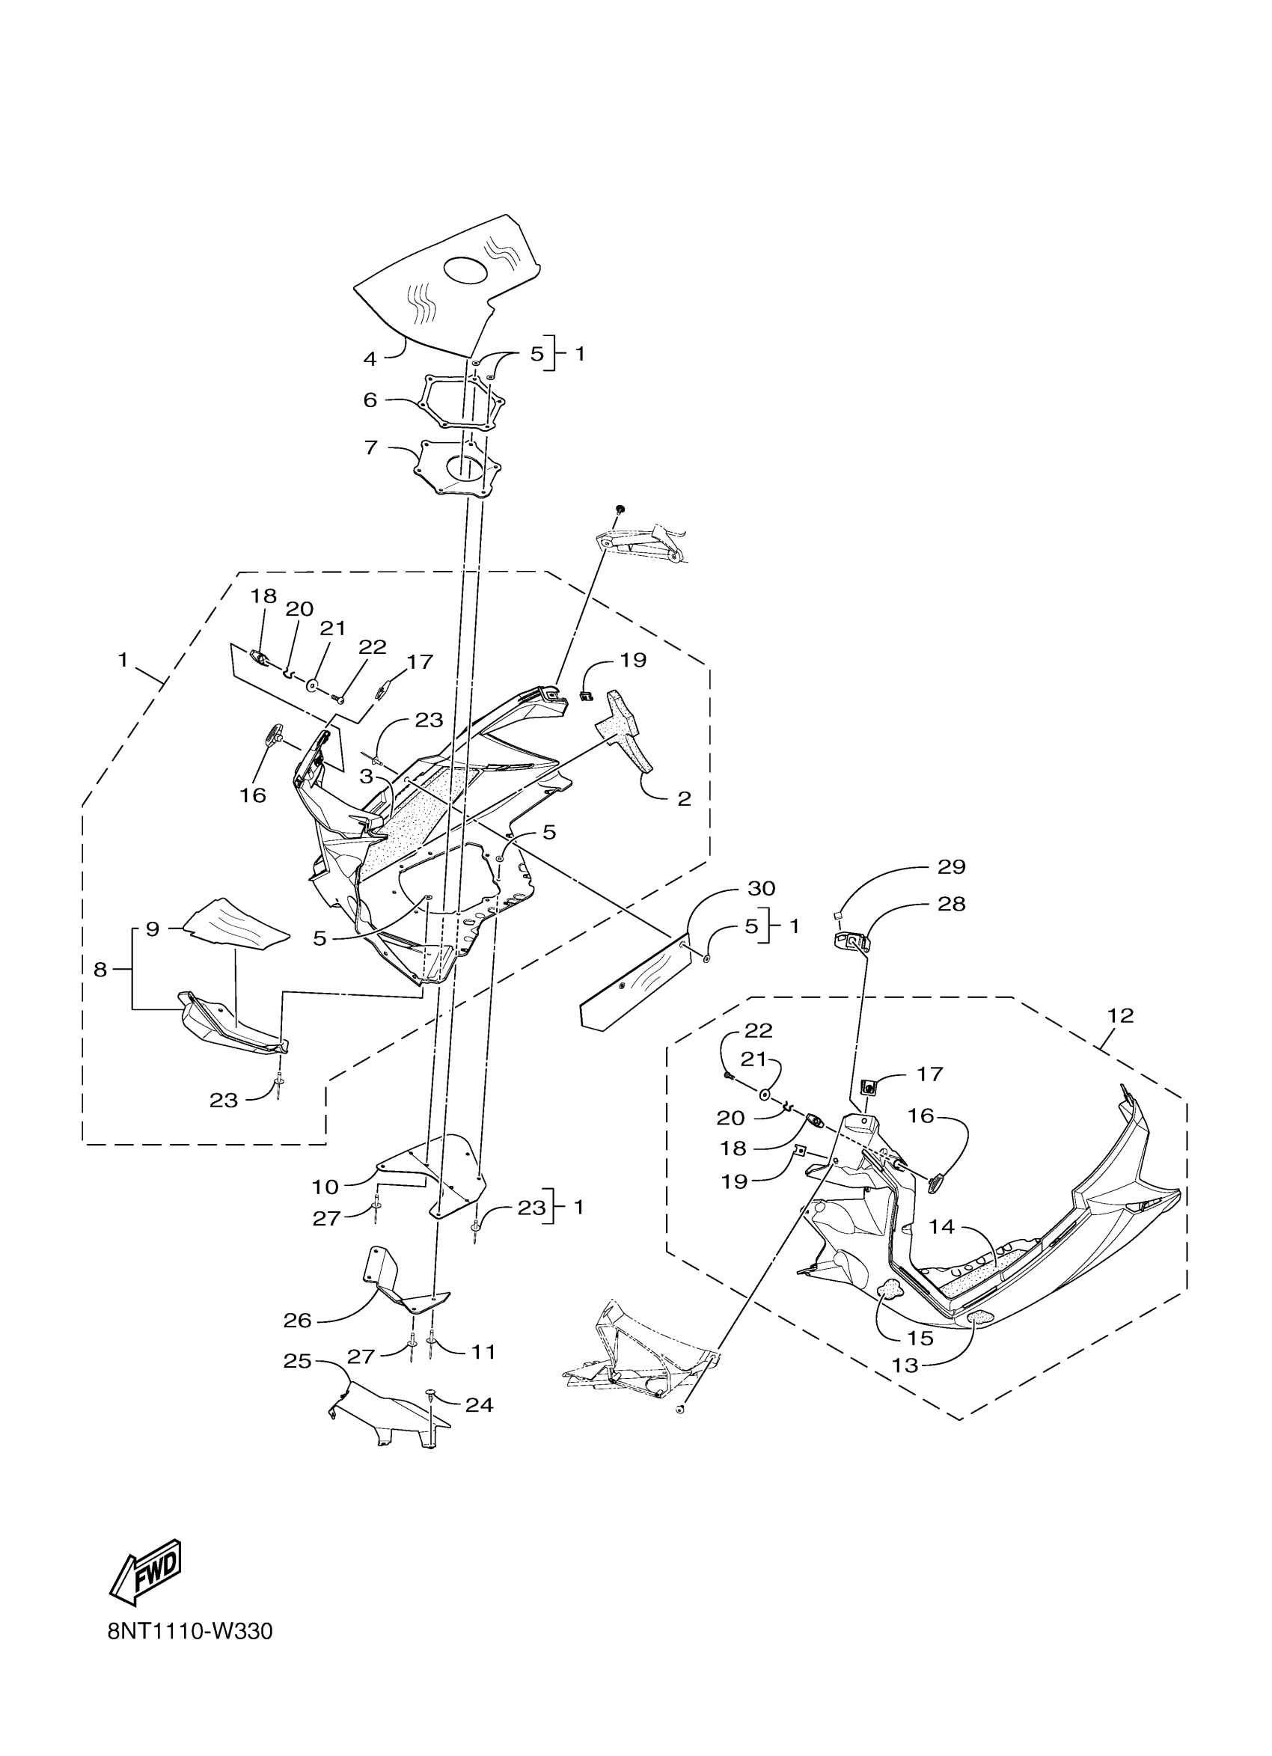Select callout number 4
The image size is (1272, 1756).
370,358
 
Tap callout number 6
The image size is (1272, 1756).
370,400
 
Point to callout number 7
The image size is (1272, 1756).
371,447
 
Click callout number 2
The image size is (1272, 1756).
684,799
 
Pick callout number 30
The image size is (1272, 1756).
761,888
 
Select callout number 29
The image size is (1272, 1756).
952,867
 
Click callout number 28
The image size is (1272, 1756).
952,905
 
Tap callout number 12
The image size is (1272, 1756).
1120,1016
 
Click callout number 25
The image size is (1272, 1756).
297,1361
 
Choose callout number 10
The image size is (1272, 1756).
326,1187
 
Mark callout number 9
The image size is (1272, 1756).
153,929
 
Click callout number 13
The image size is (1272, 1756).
905,1365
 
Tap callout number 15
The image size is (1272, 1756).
920,1339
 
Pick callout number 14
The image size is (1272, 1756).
942,1227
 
